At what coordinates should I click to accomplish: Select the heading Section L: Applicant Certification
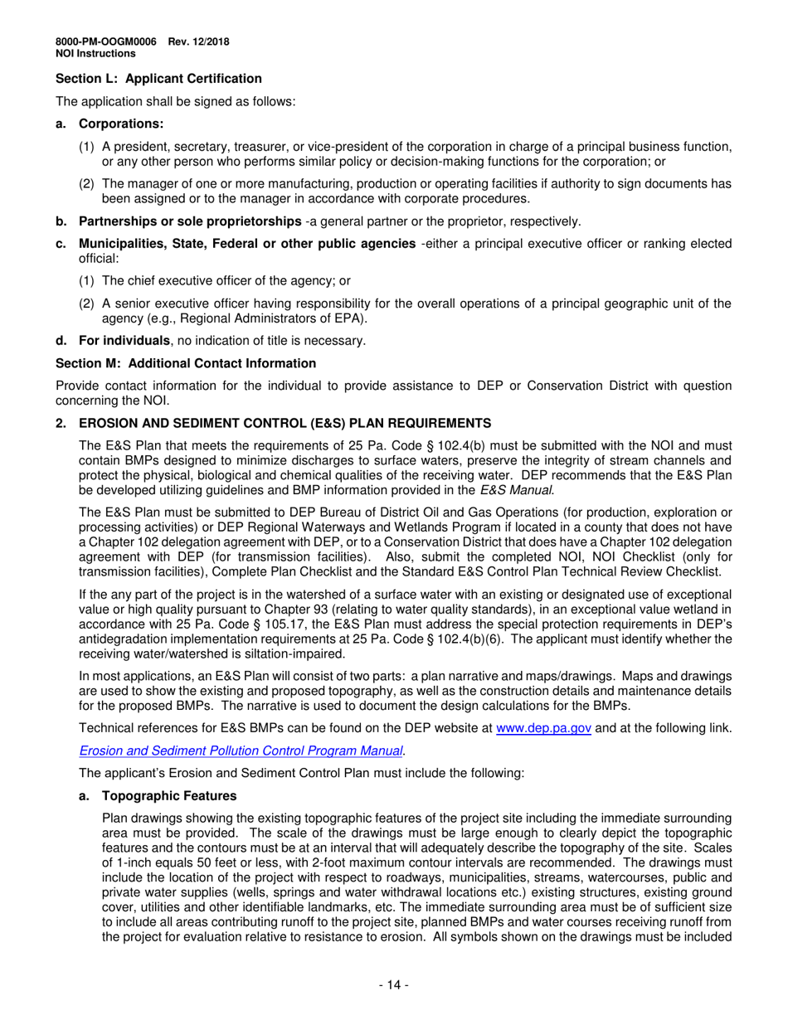tap(158, 79)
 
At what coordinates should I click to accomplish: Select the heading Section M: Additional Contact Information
tap(186, 363)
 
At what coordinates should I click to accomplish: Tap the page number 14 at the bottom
tap(393, 985)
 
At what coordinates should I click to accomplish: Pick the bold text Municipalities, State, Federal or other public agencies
tap(248, 244)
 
